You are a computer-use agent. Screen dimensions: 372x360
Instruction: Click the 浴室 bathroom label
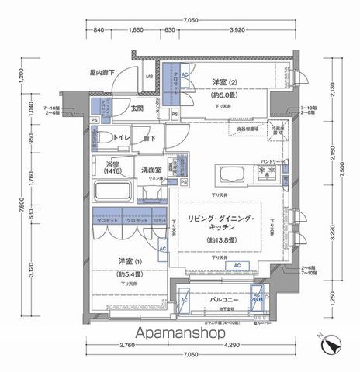pyautogui.click(x=112, y=168)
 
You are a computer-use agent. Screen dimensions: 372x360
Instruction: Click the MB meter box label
pyautogui.click(x=149, y=77)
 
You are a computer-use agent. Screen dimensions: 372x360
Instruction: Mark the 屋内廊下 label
pyautogui.click(x=102, y=72)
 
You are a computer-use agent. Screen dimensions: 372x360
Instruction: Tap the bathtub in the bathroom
pyautogui.click(x=113, y=194)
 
